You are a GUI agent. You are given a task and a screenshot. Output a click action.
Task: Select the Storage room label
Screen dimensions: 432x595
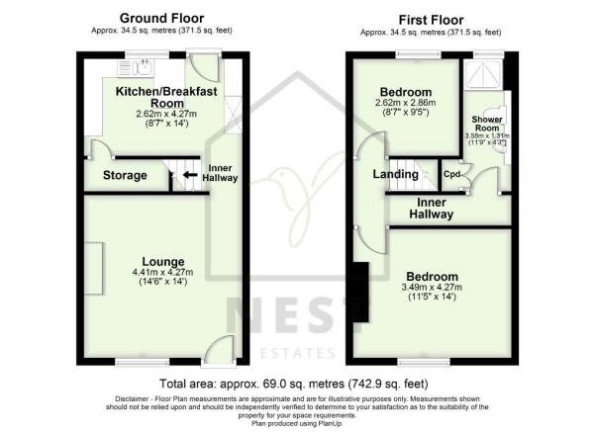125,176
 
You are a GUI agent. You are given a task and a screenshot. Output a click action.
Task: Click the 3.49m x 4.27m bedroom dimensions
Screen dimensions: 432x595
431,289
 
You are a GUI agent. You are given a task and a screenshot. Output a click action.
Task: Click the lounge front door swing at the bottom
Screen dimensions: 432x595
220,349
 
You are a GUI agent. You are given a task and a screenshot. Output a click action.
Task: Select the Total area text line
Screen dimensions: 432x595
295,383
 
